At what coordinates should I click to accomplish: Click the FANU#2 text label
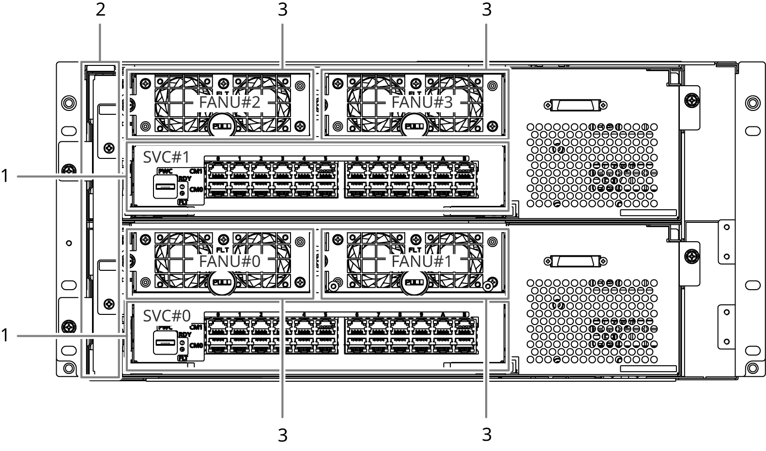point(230,103)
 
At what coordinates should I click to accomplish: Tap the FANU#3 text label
point(422,103)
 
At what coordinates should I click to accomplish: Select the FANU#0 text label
point(230,262)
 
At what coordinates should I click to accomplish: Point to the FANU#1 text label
point(422,262)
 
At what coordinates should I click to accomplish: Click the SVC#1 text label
point(166,158)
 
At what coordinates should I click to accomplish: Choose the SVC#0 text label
point(166,316)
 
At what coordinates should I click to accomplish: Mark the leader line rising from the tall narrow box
point(100,42)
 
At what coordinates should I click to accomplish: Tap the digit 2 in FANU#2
point(256,103)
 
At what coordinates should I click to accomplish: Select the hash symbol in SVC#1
point(176,158)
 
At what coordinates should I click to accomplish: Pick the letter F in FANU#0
point(202,262)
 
